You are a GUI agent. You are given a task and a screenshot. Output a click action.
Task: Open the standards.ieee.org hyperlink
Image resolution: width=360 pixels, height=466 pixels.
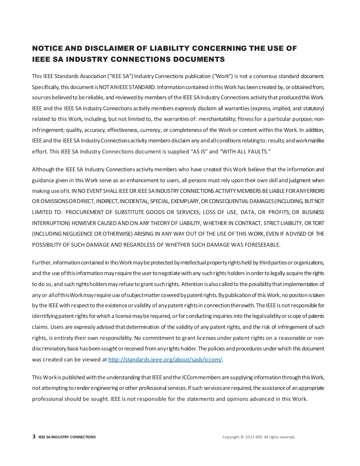[x=165, y=360]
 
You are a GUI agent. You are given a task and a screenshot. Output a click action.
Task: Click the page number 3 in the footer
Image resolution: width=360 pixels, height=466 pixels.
[x=34, y=437]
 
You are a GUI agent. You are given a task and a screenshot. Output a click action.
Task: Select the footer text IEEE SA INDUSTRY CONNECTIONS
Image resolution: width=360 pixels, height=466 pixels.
[x=67, y=437]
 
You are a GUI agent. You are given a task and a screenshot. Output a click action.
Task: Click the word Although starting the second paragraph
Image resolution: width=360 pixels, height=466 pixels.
[x=43, y=169]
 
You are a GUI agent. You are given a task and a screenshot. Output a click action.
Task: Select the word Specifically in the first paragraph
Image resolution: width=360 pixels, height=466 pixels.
[x=45, y=87]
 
